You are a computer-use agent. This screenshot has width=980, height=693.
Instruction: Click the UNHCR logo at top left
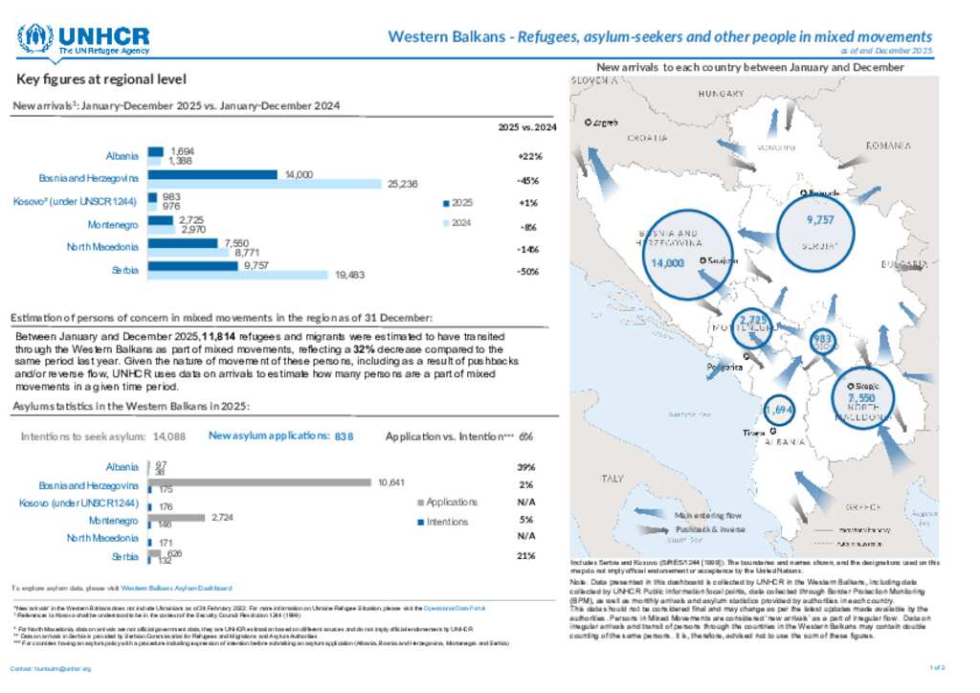(x=83, y=40)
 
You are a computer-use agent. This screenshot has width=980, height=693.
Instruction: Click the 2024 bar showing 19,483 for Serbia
(x=238, y=275)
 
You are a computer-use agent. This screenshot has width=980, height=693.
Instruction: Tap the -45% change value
(x=526, y=180)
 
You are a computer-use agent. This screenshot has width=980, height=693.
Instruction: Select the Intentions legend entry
(x=445, y=522)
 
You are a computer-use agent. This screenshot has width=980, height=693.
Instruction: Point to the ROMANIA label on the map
(x=887, y=145)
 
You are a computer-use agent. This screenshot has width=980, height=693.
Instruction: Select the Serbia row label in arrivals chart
(x=124, y=271)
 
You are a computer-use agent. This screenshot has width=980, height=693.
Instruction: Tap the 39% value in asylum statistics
(x=526, y=467)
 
